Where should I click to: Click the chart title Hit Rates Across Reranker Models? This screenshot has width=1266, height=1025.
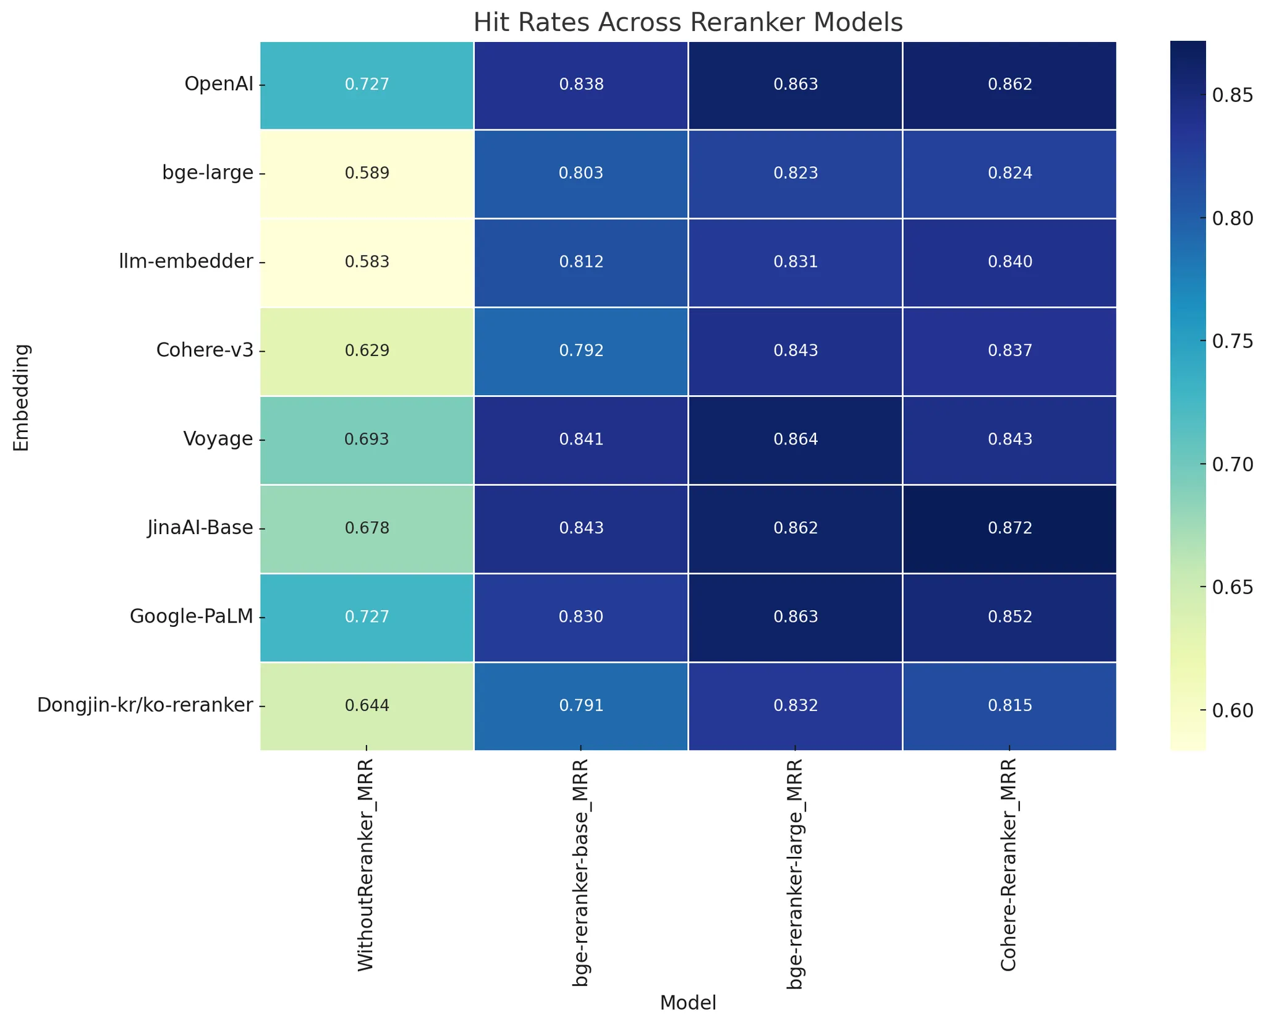coord(687,23)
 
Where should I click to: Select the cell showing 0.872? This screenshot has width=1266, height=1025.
coord(1009,529)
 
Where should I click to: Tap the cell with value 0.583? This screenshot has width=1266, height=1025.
coord(367,262)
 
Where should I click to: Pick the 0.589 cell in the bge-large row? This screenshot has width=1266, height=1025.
coord(367,173)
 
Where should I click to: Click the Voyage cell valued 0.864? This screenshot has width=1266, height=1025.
coord(796,440)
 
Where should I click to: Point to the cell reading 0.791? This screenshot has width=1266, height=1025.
coord(581,706)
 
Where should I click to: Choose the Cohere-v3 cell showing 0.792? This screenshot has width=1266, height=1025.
coord(581,351)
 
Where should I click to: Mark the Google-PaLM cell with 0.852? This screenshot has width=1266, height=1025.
coord(1009,617)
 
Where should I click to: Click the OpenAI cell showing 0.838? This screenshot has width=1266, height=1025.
coord(581,85)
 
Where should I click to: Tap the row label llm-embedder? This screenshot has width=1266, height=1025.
coord(186,262)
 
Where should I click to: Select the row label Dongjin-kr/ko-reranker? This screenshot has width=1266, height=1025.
coord(145,705)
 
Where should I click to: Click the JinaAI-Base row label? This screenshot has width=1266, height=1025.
coord(200,528)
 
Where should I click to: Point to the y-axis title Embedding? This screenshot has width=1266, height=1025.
coord(22,397)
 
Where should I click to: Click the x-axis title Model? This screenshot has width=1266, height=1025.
coord(687,1003)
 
